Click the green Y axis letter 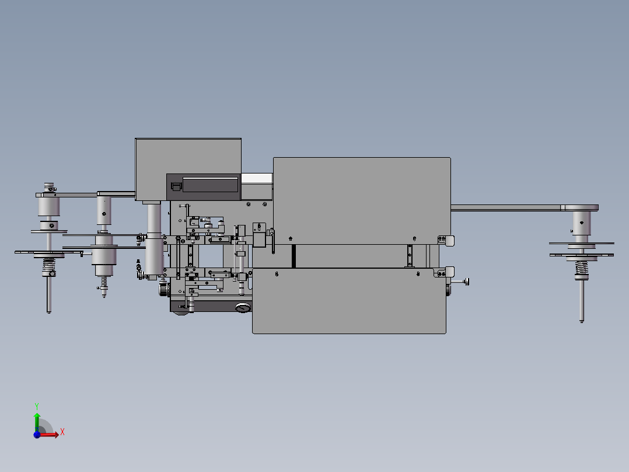coord(37,406)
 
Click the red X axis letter coord(62,432)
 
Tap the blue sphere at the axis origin coord(37,435)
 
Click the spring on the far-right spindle coord(581,268)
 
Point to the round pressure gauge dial coord(243,308)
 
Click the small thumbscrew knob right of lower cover coord(466,282)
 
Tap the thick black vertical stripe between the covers coord(293,256)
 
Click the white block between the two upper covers coord(257,179)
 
